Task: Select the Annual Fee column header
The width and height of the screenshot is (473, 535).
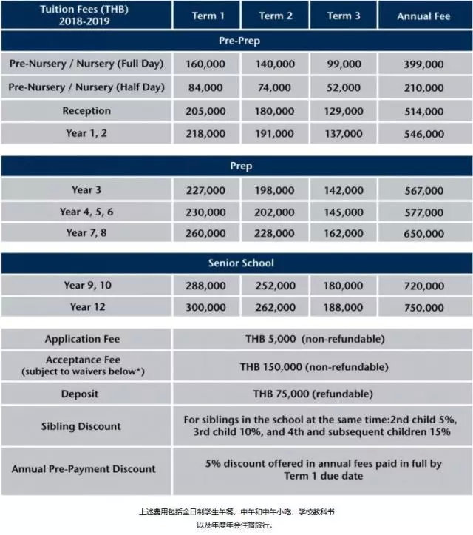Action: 424,16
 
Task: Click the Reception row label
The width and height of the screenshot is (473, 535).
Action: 86,111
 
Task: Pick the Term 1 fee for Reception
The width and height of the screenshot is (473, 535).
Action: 206,111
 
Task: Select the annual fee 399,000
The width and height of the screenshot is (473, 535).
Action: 424,64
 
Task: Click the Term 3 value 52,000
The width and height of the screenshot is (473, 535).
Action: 344,87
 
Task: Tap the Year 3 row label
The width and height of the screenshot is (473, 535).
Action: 86,190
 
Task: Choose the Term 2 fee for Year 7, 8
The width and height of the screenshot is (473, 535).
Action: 275,233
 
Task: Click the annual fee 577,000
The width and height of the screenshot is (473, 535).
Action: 424,212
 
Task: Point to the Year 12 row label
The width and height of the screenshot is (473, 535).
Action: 86,307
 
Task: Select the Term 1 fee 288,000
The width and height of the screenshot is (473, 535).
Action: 206,285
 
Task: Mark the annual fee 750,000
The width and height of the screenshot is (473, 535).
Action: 424,307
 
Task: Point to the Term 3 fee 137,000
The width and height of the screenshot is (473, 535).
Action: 344,135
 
